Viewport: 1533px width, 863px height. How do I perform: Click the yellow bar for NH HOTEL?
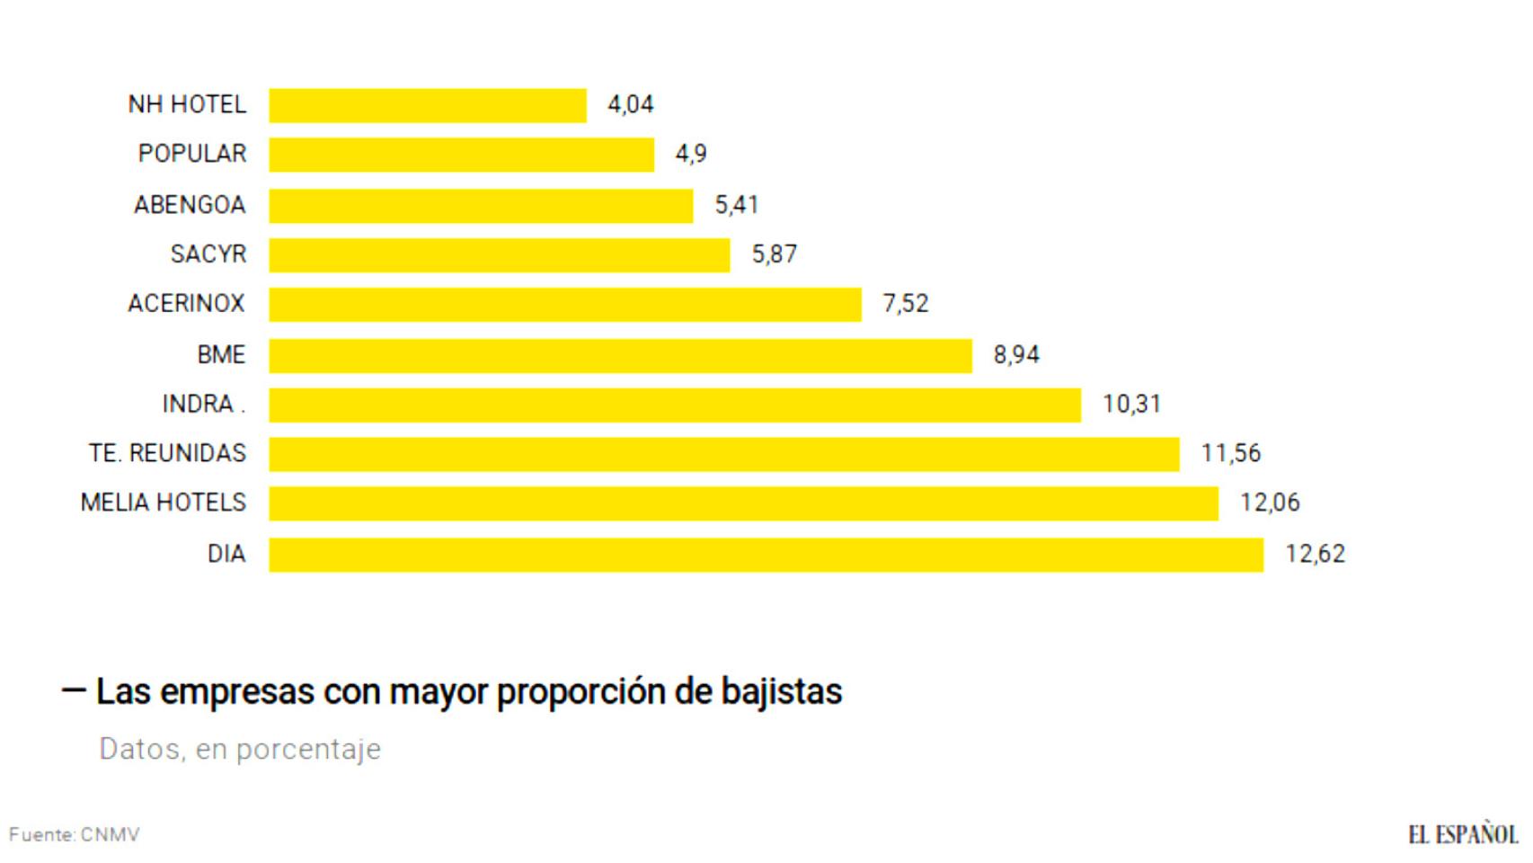[428, 105]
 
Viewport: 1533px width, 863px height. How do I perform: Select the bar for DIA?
[766, 554]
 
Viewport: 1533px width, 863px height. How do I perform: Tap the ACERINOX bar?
[565, 304]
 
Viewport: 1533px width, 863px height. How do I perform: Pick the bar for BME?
[620, 355]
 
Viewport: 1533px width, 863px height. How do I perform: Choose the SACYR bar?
[500, 254]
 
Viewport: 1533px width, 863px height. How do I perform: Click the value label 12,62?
[1315, 554]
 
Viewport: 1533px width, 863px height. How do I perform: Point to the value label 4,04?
[630, 105]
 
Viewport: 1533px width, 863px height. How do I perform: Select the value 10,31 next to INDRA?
[1131, 405]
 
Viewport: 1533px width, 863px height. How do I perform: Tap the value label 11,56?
[1230, 453]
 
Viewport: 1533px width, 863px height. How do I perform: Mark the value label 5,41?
[736, 205]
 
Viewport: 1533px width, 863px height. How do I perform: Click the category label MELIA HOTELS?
[164, 503]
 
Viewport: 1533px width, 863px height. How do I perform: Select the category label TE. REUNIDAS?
[167, 453]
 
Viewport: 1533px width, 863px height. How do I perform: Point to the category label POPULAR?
[192, 154]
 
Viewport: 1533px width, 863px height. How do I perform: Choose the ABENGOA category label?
[190, 205]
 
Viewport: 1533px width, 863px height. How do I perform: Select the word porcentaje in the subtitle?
[308, 749]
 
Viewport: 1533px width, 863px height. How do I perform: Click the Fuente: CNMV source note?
[75, 835]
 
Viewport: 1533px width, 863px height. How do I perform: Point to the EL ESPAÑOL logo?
[1463, 834]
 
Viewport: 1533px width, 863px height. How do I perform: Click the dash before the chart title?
[74, 690]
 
